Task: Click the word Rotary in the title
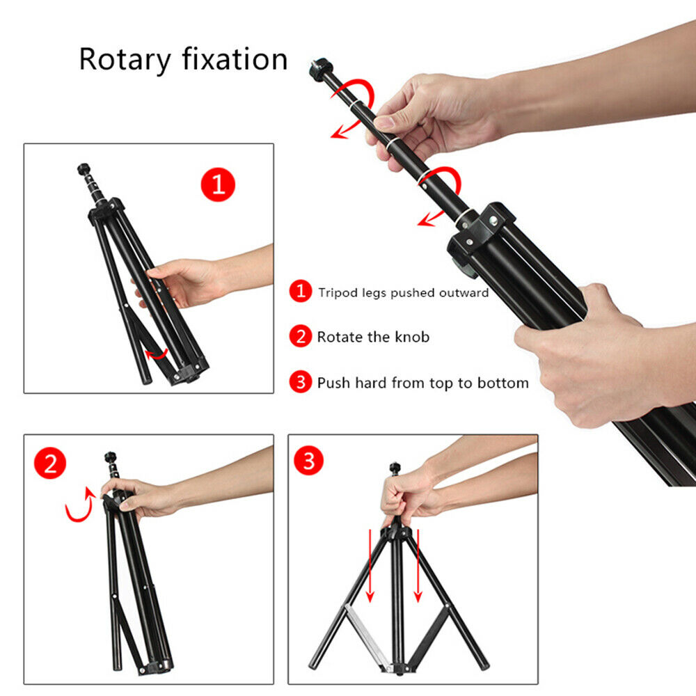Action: (125, 59)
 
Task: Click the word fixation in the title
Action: (235, 58)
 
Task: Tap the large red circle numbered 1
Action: (218, 184)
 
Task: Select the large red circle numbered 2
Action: (50, 463)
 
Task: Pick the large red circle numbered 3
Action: (309, 460)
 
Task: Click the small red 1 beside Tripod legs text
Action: (301, 291)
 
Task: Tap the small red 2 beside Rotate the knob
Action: (301, 336)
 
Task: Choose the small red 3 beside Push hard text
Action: (301, 381)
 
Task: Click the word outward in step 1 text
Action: (464, 292)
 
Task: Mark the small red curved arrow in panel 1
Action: (157, 354)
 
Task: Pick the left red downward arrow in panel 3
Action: (370, 566)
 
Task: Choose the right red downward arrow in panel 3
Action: (418, 566)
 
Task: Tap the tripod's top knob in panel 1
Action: (84, 169)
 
